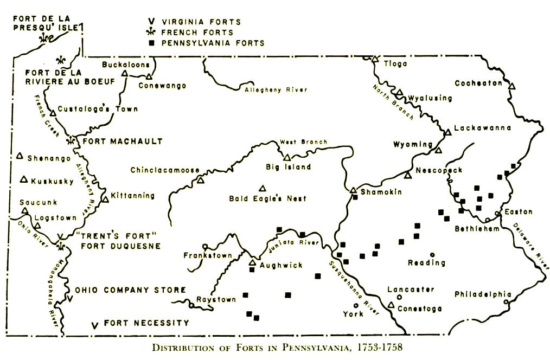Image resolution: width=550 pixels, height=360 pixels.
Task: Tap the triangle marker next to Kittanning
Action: tap(106, 200)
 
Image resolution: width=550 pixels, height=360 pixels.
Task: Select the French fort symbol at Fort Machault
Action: tap(70, 141)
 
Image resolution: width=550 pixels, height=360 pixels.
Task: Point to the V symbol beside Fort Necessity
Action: tap(95, 325)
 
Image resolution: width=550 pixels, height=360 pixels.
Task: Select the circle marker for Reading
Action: tap(432, 254)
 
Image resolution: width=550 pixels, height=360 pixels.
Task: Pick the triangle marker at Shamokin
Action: tap(353, 190)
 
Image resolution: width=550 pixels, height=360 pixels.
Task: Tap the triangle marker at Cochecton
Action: tap(512, 85)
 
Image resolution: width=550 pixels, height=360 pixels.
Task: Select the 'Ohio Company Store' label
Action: tap(130, 290)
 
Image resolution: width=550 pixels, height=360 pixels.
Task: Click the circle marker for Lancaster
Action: tap(400, 298)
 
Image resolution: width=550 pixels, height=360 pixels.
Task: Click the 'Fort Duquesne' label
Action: tap(120, 246)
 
